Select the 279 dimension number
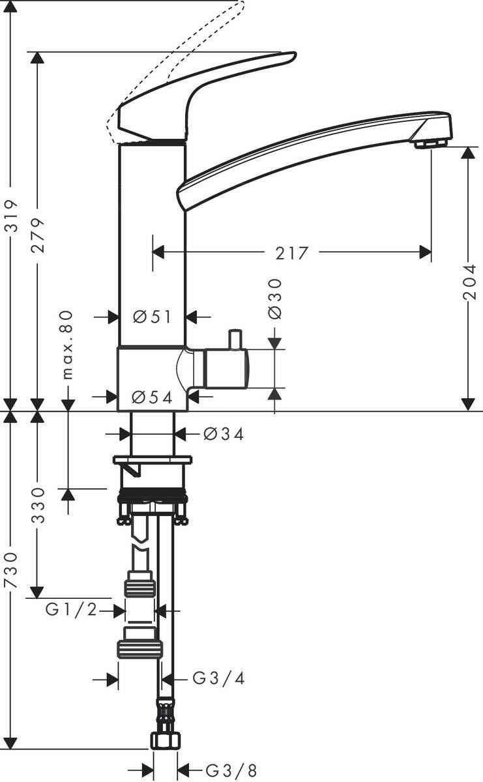click(x=40, y=235)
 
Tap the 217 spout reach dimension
click(x=291, y=252)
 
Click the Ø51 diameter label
click(x=152, y=317)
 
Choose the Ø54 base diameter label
click(x=152, y=397)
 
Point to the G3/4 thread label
click(x=219, y=679)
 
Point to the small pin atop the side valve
click(x=233, y=340)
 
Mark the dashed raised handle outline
click(x=176, y=65)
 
